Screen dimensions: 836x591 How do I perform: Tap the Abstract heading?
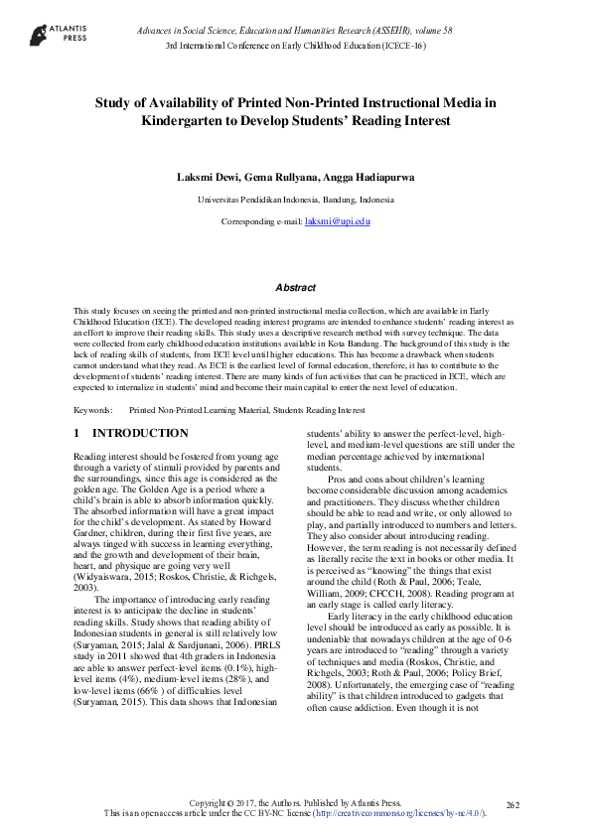click(295, 287)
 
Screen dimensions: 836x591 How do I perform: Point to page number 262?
click(513, 804)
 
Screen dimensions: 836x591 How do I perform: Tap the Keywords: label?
click(92, 409)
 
